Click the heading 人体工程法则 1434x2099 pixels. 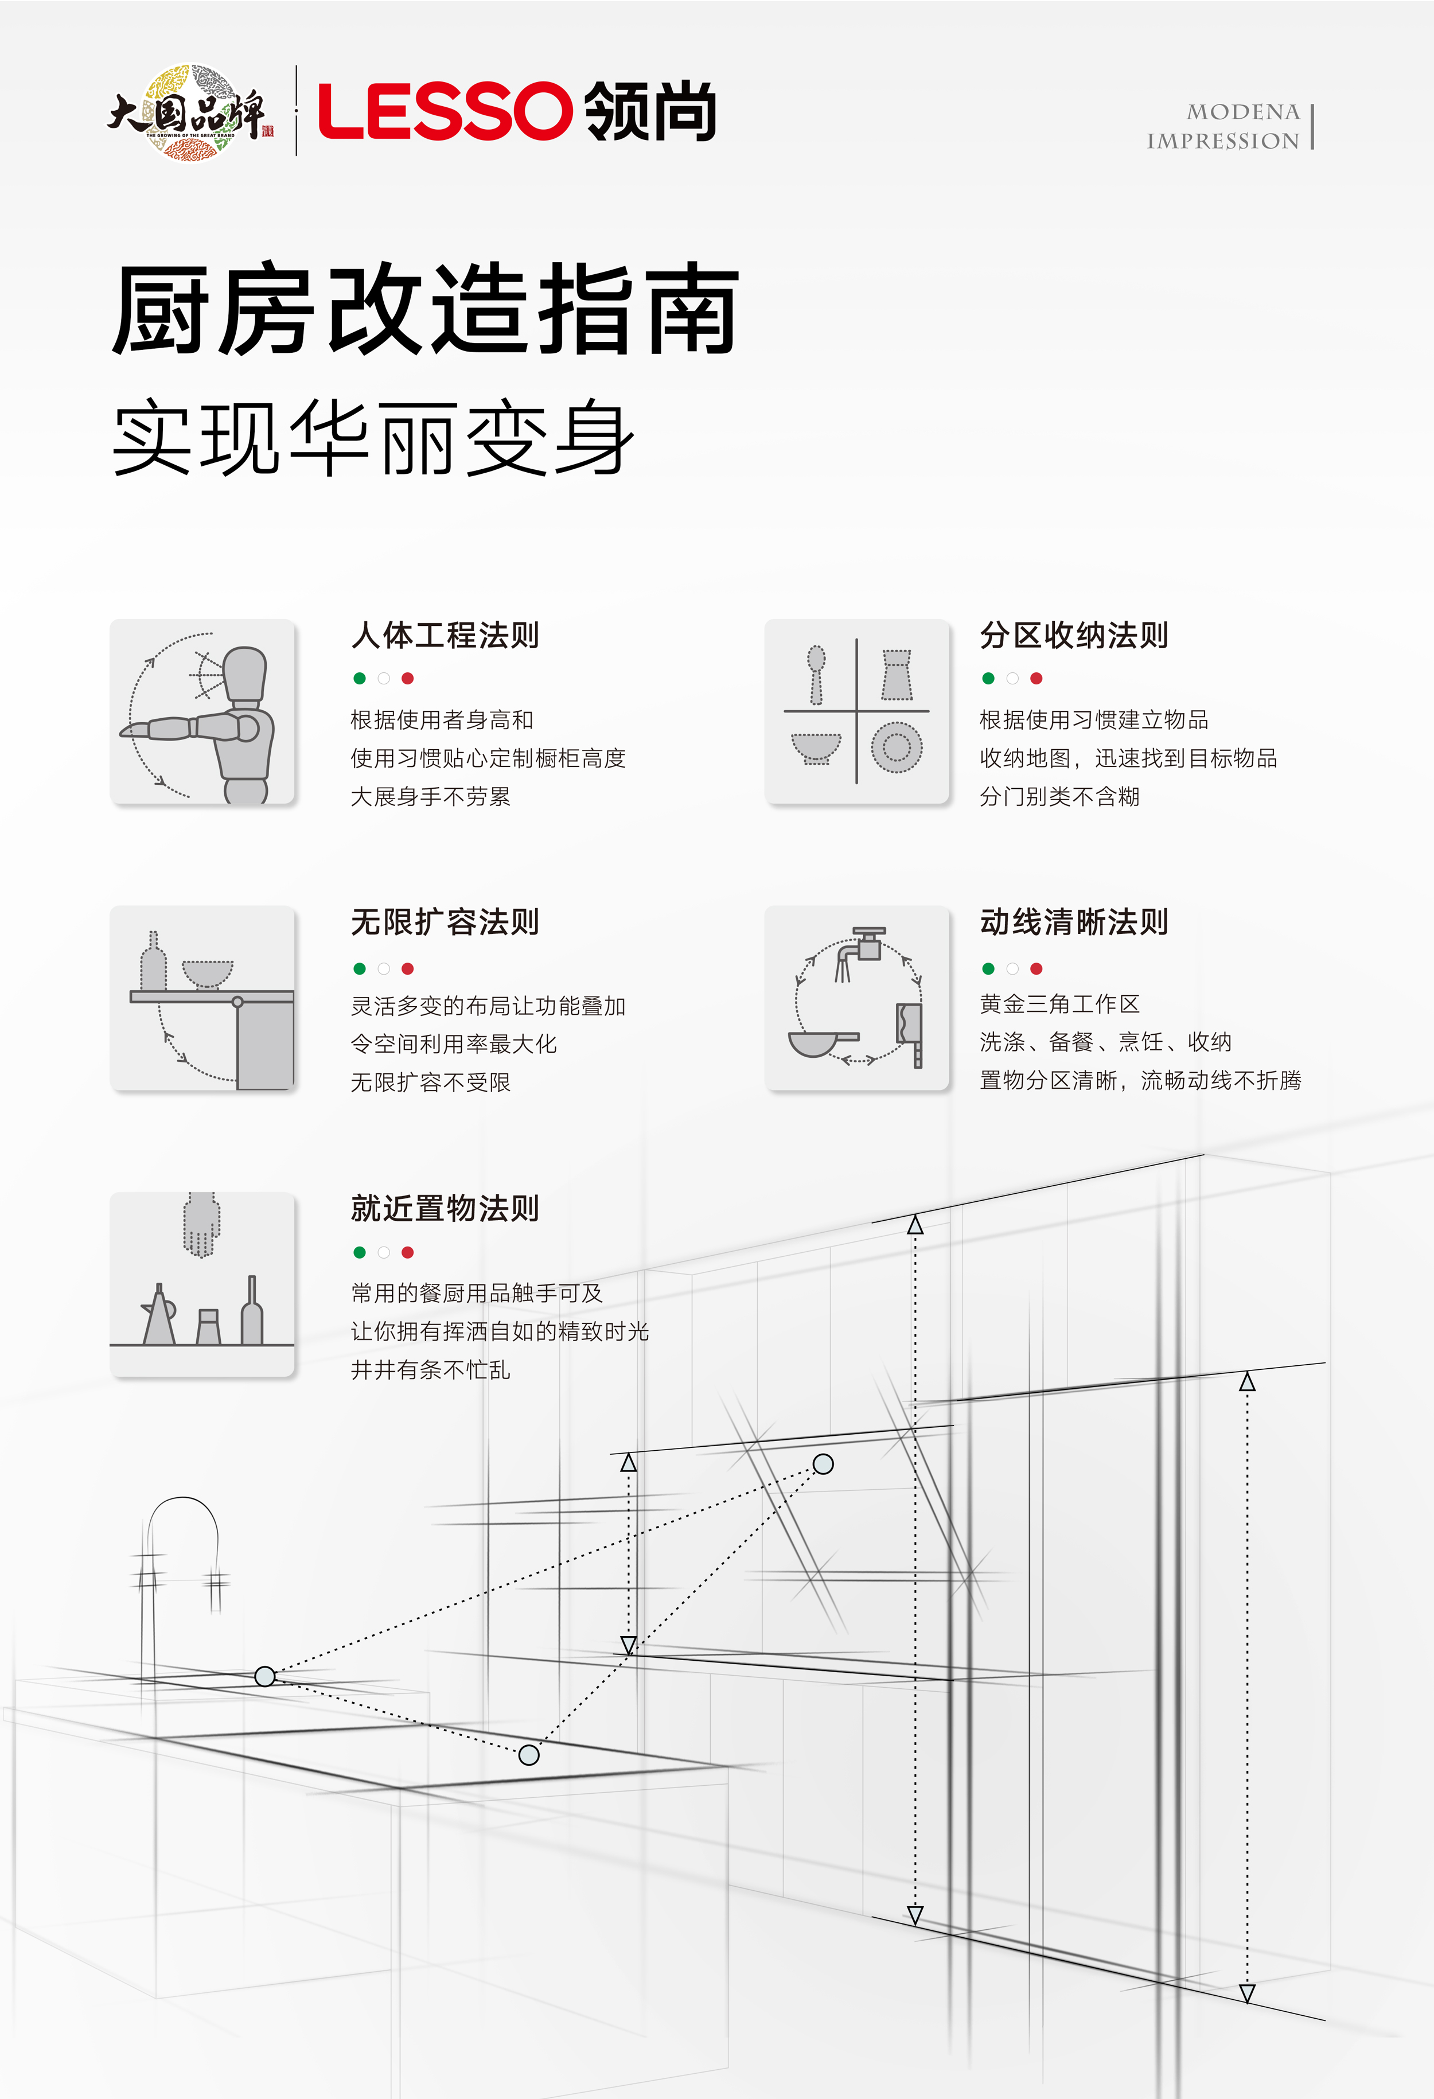(x=445, y=636)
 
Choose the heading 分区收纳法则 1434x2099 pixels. (x=1074, y=636)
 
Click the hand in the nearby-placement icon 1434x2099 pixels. (x=200, y=1224)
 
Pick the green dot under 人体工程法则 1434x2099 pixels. (x=360, y=678)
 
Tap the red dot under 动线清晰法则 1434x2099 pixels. (x=1036, y=968)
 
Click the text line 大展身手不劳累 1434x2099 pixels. (x=431, y=797)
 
